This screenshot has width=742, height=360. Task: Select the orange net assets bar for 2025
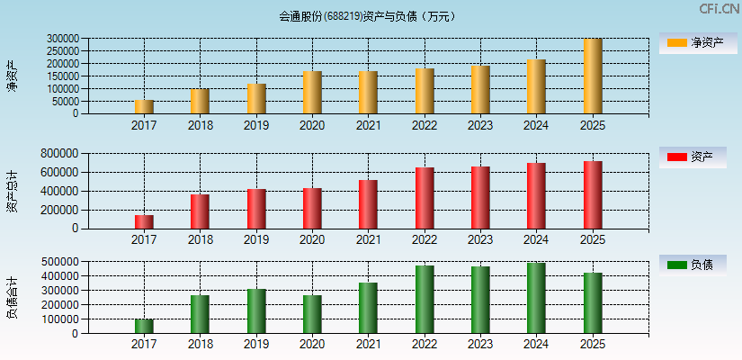click(592, 76)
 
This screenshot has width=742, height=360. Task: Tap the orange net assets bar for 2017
click(144, 107)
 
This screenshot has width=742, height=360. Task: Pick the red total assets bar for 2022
click(425, 198)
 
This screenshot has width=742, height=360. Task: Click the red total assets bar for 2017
click(144, 221)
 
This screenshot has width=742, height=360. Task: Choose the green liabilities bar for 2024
click(536, 298)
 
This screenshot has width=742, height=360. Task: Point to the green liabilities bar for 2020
click(312, 314)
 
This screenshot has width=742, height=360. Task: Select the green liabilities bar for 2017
click(144, 326)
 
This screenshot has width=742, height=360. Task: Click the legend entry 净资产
click(697, 43)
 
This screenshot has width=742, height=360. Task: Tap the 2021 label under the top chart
click(368, 125)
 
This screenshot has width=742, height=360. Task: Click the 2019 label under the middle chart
click(256, 239)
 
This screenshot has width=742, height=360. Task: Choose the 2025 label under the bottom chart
click(592, 345)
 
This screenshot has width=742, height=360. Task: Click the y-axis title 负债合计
click(12, 298)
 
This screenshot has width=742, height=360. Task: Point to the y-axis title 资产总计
click(12, 191)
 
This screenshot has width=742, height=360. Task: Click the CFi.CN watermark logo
click(719, 9)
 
